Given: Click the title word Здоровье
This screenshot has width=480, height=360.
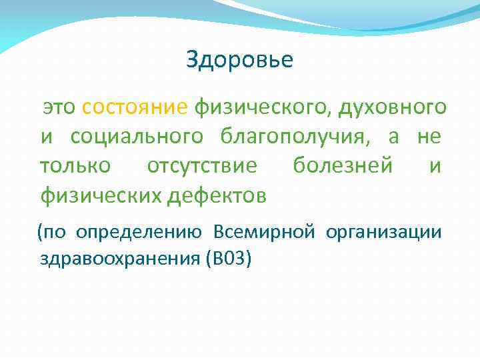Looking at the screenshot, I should pyautogui.click(x=239, y=61).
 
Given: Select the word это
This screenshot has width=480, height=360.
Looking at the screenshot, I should pyautogui.click(x=61, y=107).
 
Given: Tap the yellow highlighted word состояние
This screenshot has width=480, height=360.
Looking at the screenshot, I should pyautogui.click(x=135, y=107).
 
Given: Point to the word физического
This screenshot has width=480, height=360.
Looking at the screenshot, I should pyautogui.click(x=263, y=107).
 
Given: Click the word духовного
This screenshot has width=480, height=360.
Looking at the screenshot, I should pyautogui.click(x=393, y=107).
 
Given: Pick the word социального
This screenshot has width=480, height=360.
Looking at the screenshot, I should pyautogui.click(x=137, y=137).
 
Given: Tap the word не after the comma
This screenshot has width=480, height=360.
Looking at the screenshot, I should pyautogui.click(x=429, y=137).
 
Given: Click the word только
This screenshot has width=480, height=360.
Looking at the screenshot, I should pyautogui.click(x=75, y=166).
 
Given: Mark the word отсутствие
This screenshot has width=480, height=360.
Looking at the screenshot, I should pyautogui.click(x=202, y=166).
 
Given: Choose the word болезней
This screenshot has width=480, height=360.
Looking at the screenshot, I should pyautogui.click(x=343, y=166).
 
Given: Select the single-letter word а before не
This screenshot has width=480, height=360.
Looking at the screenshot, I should pyautogui.click(x=394, y=137).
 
